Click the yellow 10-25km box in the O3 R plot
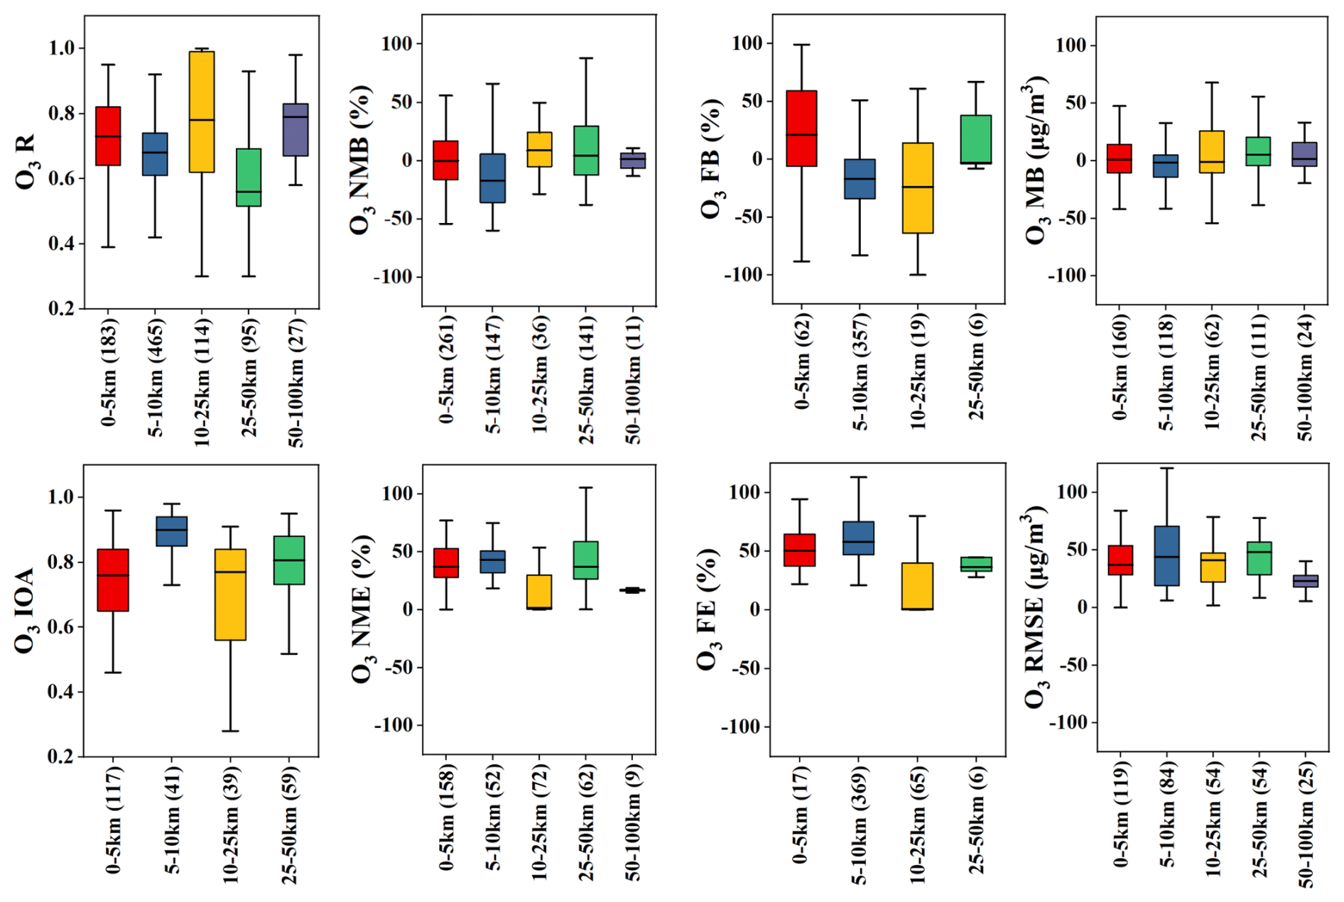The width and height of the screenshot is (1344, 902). pyautogui.click(x=202, y=112)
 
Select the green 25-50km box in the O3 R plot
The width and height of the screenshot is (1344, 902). pyautogui.click(x=249, y=178)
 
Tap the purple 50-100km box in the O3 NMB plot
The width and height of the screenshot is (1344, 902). pyautogui.click(x=633, y=161)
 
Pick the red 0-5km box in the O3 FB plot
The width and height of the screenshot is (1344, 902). pyautogui.click(x=801, y=129)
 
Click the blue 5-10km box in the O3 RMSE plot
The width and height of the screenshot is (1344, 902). pyautogui.click(x=1166, y=556)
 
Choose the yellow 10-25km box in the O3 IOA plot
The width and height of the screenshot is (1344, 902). pyautogui.click(x=230, y=594)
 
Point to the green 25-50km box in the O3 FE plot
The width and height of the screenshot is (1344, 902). pyautogui.click(x=976, y=565)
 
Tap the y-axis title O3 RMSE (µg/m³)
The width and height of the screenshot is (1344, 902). pyautogui.click(x=1036, y=607)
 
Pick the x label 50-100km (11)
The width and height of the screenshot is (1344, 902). pyautogui.click(x=633, y=381)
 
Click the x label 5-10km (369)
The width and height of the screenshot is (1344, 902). pyautogui.click(x=860, y=824)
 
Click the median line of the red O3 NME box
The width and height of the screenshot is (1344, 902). pyautogui.click(x=446, y=567)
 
